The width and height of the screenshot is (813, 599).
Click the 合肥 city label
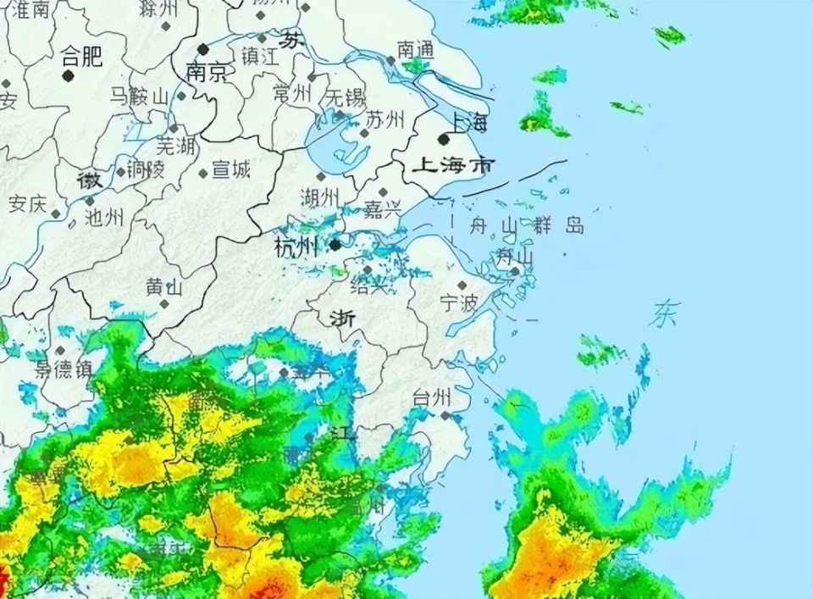click(x=82, y=57)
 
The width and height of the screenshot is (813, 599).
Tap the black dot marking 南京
click(x=203, y=49)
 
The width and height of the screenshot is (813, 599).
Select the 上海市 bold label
click(x=451, y=166)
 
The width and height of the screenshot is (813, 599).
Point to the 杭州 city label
click(x=296, y=247)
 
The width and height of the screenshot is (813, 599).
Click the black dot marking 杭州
click(x=335, y=245)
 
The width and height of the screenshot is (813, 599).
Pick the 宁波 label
click(x=459, y=302)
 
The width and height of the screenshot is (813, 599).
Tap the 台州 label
click(x=432, y=397)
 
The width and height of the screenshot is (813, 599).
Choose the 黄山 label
click(x=164, y=286)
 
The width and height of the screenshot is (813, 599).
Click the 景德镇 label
click(x=63, y=369)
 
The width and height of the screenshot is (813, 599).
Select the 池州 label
click(x=105, y=217)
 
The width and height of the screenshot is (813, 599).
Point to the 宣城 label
click(x=230, y=169)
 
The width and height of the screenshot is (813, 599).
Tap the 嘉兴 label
click(x=383, y=209)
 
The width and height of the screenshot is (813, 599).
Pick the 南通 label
click(x=415, y=50)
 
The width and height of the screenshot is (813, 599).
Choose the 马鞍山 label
click(x=139, y=97)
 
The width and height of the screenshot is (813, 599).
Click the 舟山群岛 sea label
click(x=527, y=225)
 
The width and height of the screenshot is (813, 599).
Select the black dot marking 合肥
click(x=68, y=75)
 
